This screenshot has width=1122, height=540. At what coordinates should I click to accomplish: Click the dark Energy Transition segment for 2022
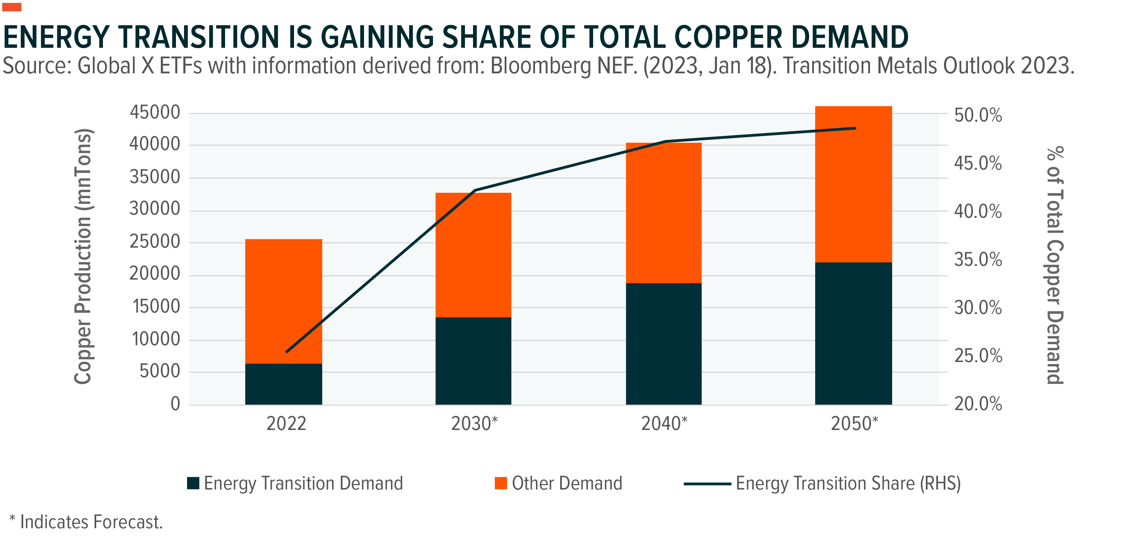pos(284,384)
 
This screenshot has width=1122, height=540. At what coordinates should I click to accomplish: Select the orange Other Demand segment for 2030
pos(473,255)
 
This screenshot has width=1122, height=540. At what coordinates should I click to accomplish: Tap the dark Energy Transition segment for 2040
pos(664,344)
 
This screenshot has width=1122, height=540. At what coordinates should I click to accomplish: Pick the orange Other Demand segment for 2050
pos(854,184)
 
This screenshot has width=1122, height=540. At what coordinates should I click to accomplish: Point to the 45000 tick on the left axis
pos(155,112)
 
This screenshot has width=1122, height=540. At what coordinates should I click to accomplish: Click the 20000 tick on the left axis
pos(155,274)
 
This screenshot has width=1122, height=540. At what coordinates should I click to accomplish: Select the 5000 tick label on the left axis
pos(160,371)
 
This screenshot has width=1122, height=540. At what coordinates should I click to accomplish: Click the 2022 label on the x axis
pos(286,424)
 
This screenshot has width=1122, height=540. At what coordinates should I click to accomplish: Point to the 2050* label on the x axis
pos(855,424)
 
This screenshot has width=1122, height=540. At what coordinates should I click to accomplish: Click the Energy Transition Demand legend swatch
pos(193,483)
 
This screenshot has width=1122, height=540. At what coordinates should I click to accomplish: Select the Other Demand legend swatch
pos(501,483)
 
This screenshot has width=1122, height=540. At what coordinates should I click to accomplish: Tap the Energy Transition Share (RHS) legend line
pos(707,484)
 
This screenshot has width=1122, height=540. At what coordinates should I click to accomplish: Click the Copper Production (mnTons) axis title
pos(83,256)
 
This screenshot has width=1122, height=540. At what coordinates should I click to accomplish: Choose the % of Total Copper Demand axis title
pos(1055,265)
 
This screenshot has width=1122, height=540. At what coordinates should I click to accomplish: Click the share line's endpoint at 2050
pos(856,128)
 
